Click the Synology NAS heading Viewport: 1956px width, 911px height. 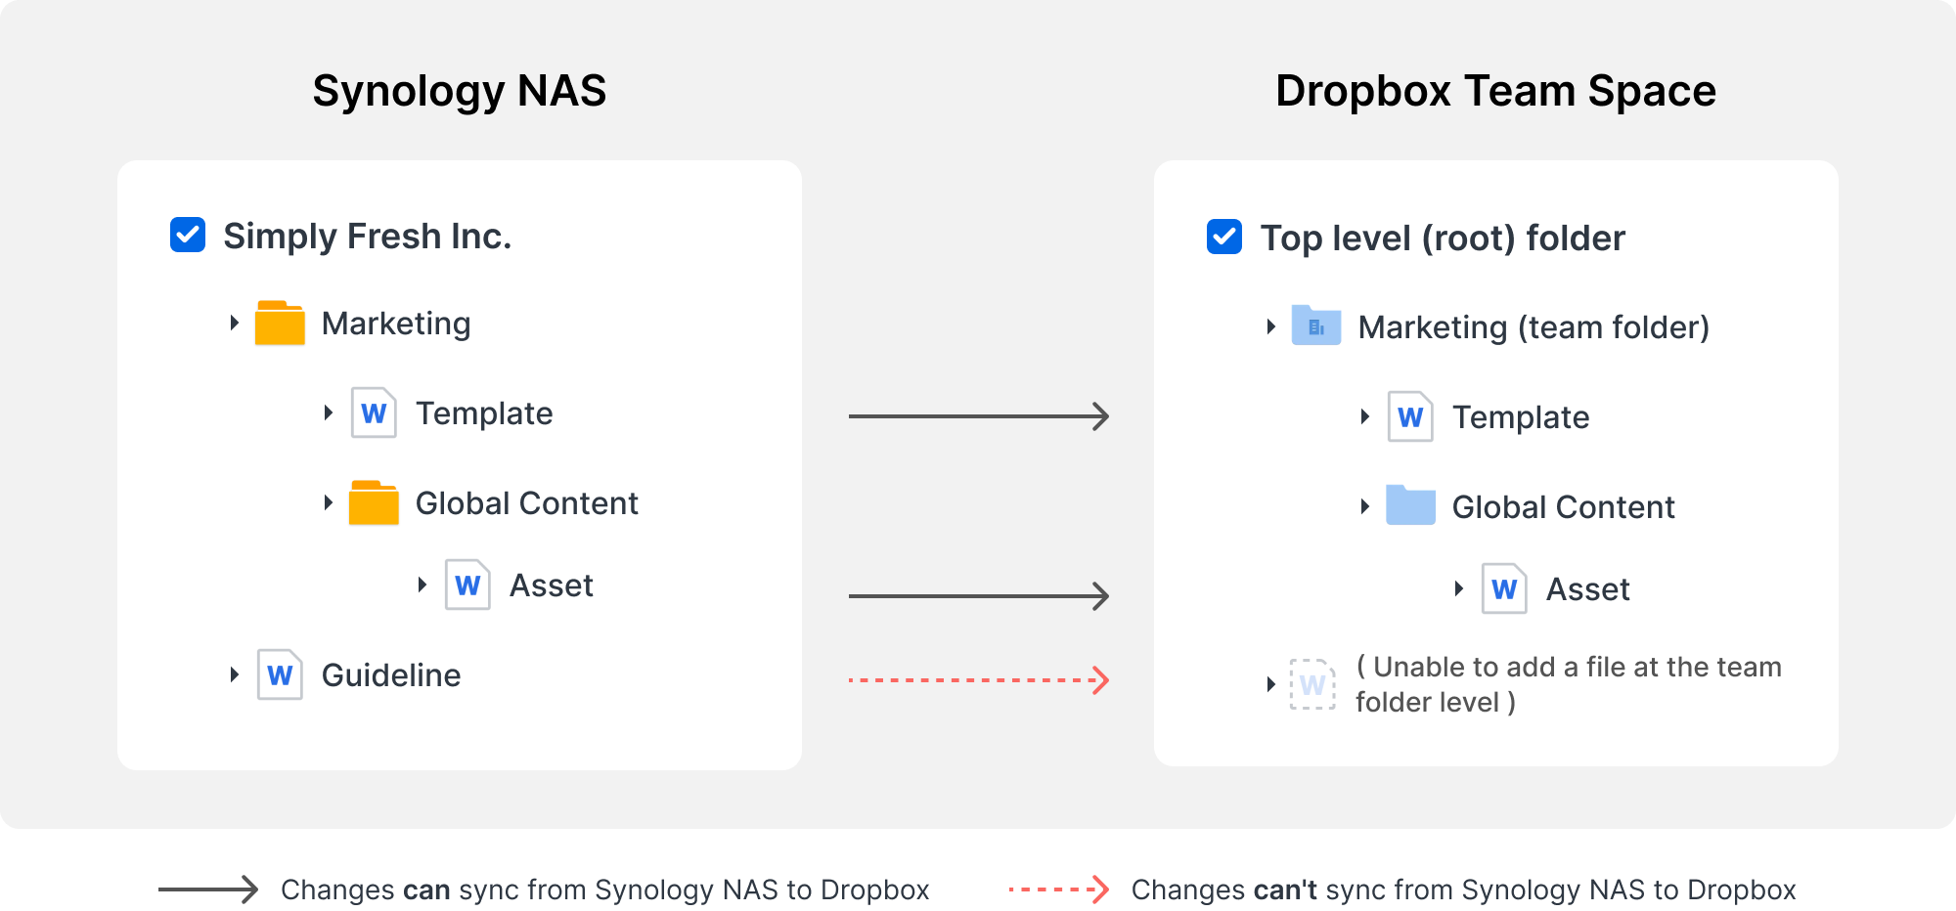click(460, 91)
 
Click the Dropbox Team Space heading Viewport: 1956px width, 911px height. click(1495, 91)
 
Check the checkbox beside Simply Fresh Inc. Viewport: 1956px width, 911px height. click(188, 236)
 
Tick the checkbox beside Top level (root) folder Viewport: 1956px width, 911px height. click(1224, 237)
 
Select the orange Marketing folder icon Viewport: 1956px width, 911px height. click(280, 324)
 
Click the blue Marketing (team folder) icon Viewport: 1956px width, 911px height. click(1316, 325)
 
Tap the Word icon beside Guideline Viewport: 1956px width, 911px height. click(280, 674)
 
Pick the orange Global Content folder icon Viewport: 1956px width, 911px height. click(374, 503)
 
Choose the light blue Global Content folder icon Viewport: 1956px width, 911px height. click(1410, 506)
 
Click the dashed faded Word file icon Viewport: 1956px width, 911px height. click(1312, 684)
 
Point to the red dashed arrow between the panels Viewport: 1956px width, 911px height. click(978, 680)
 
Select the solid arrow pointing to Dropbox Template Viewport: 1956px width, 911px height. click(978, 416)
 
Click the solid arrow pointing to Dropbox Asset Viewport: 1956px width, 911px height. click(978, 595)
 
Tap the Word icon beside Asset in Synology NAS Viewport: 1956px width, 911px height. click(467, 585)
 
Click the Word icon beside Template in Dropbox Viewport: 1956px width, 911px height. click(1410, 417)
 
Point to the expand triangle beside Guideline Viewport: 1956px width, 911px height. click(234, 674)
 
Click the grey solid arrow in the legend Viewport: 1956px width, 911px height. click(207, 889)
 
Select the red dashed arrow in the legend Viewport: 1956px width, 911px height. click(1058, 889)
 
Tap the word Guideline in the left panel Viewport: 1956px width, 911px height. click(391, 675)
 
